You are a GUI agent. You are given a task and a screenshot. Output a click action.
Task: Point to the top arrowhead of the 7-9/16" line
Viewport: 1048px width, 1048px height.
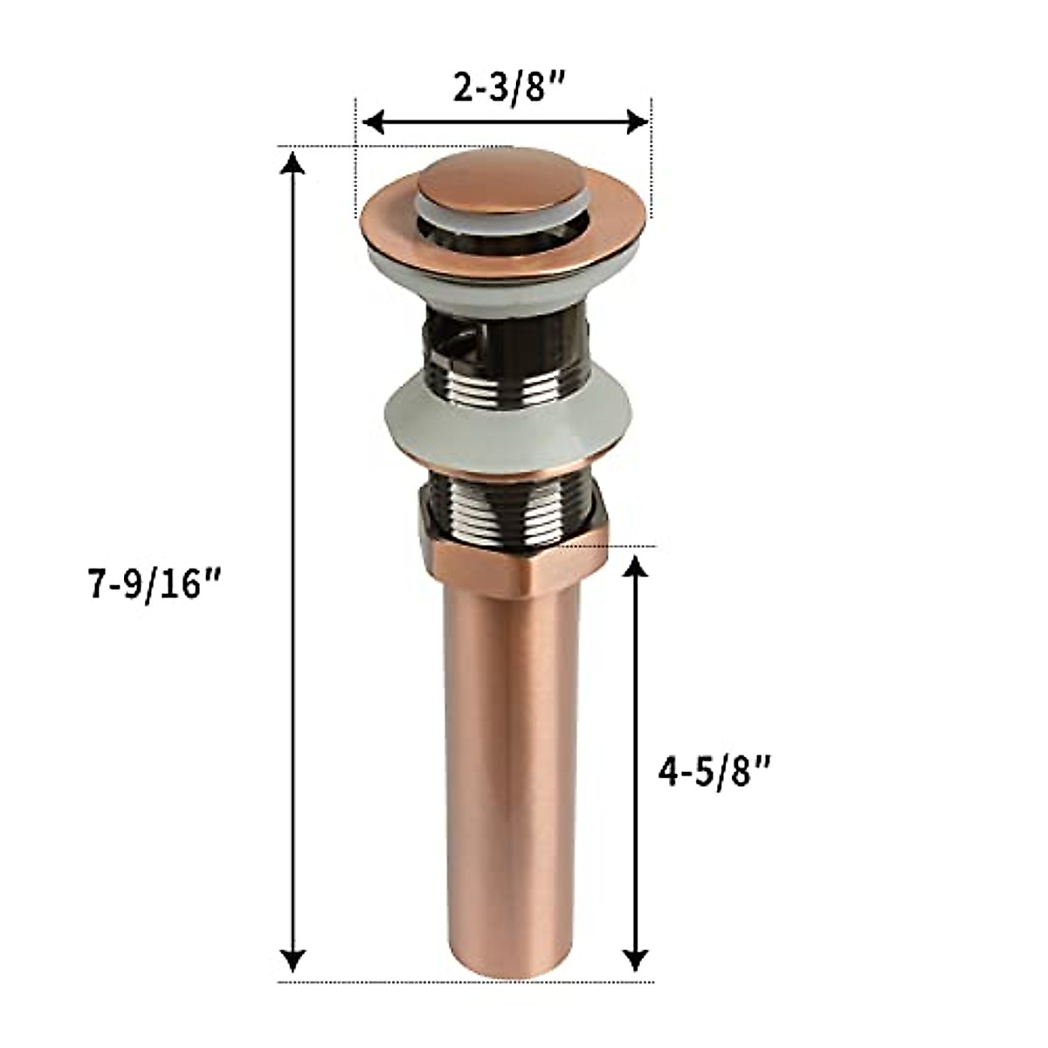click(294, 162)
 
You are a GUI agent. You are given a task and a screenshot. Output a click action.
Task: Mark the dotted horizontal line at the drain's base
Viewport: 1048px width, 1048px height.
click(367, 982)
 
